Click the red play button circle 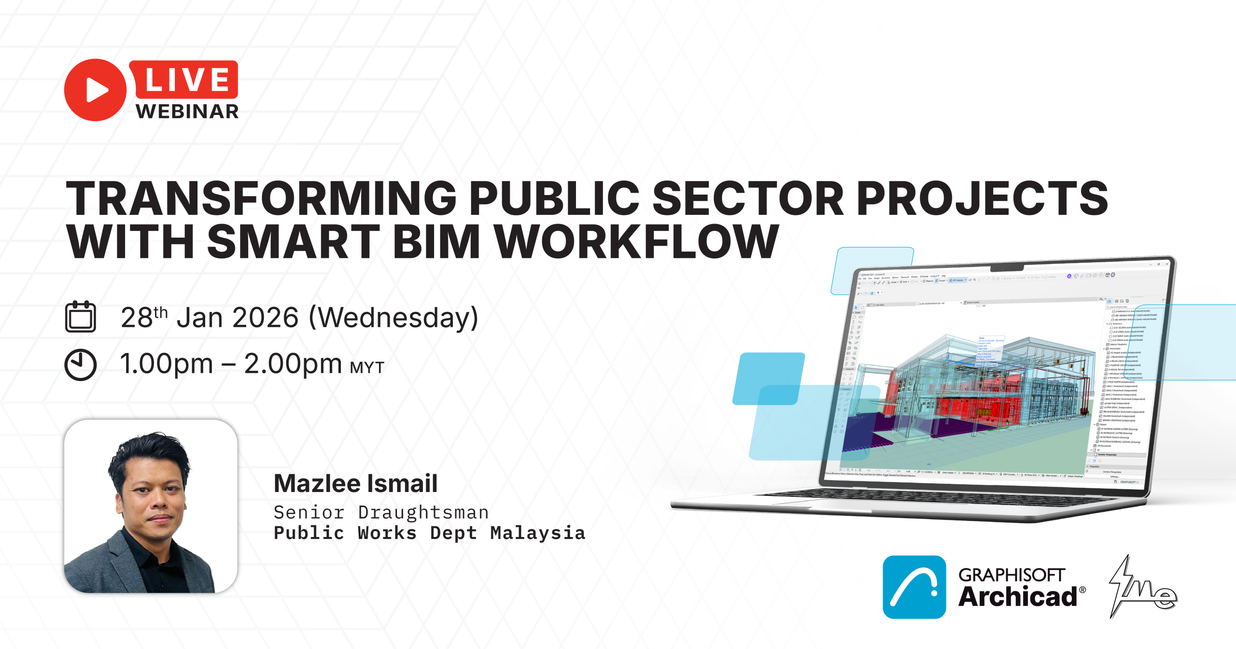[95, 90]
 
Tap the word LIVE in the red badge [187, 79]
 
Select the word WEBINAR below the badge [187, 112]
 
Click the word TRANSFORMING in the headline [261, 198]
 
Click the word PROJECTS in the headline [983, 198]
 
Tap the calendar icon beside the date [81, 317]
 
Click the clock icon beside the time [81, 365]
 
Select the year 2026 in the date [266, 318]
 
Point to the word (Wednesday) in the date [393, 318]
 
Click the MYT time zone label [367, 368]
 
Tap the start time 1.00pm [167, 364]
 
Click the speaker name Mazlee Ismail [355, 483]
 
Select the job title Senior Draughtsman [381, 512]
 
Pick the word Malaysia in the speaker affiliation [537, 533]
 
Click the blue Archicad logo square [914, 587]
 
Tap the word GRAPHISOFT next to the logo [1011, 575]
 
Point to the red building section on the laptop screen [961, 406]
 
